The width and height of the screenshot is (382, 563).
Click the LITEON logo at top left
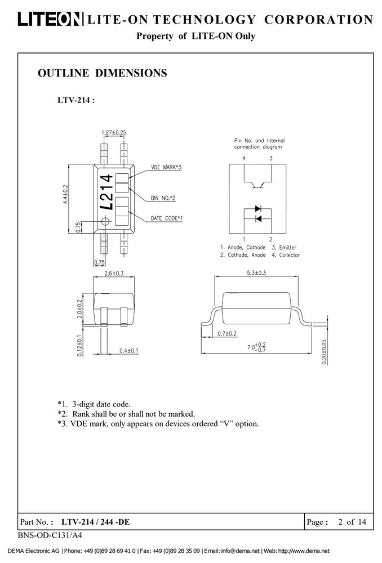(49, 19)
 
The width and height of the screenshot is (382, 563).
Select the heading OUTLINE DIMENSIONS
(103, 73)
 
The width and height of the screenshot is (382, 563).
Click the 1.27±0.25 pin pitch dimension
(114, 132)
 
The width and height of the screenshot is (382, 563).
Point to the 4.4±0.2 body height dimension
(65, 194)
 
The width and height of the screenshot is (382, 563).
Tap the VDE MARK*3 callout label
(166, 167)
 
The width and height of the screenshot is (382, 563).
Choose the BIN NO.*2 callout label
(163, 198)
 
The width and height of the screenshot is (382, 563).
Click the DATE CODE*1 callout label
(167, 218)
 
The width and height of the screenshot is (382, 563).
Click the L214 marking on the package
(106, 192)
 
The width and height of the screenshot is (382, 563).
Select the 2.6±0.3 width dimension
(114, 273)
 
